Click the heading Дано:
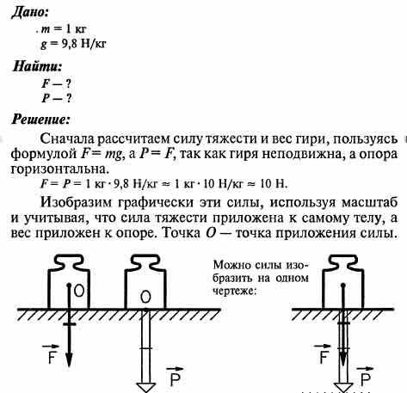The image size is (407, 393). pos(29,13)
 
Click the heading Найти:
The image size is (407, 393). pos(37,66)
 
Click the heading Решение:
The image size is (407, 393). pos(40,120)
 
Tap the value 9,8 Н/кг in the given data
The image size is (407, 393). pos(83,44)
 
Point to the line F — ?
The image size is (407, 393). pos(56,83)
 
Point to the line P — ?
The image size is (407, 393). pos(56,98)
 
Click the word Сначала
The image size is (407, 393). pos(67,139)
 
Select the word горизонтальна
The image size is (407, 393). pos(60,169)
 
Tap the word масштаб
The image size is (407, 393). pos(369,203)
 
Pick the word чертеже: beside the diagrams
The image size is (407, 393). pos(234,291)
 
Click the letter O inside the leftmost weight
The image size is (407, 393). pos(79,291)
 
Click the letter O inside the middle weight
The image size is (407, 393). pos(145,297)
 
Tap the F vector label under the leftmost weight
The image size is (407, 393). pos(51,354)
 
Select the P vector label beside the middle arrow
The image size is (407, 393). pos(175,377)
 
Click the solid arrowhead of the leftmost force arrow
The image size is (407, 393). pos(69,359)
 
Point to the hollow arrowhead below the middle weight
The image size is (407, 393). pos(146,387)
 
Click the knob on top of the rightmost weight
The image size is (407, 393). pos(343,261)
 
